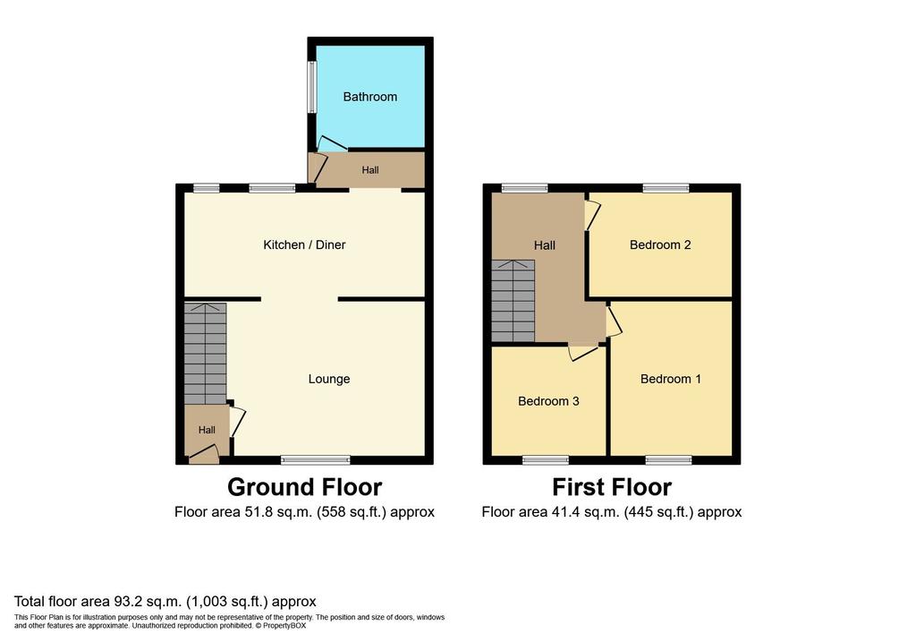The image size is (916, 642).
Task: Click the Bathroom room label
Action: click(369, 97)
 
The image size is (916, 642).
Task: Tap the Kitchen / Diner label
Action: click(304, 244)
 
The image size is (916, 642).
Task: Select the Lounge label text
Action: click(329, 379)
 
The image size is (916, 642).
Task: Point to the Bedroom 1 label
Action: click(670, 379)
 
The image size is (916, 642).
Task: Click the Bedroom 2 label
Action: click(660, 245)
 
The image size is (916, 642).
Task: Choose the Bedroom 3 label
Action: click(548, 401)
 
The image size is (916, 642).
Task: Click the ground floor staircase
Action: click(205, 353)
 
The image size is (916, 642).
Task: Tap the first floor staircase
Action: click(513, 301)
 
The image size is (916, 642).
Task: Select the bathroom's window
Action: click(312, 87)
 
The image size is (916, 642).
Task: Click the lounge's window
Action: click(316, 460)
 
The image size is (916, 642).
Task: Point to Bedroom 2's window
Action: click(666, 188)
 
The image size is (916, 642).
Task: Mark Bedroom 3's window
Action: click(545, 460)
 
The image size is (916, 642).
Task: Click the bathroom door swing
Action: click(331, 144)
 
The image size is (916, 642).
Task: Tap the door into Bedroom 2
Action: click(592, 215)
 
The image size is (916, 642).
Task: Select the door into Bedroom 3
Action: click(583, 353)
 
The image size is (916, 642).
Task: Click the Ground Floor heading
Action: click(304, 486)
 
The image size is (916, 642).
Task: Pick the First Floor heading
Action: click(612, 486)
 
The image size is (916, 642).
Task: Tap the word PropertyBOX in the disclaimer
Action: click(284, 626)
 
